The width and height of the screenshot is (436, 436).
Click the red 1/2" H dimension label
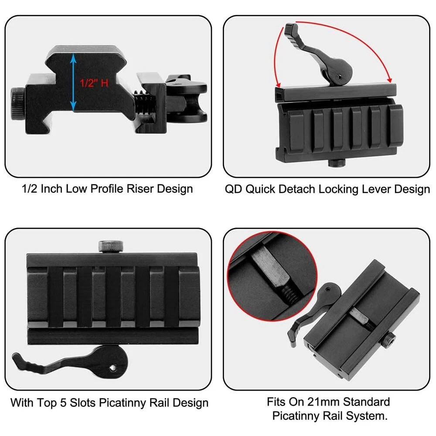click(x=94, y=83)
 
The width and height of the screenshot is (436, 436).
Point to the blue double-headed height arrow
click(x=73, y=82)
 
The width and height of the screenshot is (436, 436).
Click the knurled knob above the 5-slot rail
click(x=111, y=246)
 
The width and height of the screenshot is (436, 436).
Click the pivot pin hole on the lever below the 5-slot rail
click(x=112, y=368)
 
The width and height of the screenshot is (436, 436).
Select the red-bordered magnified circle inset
click(x=272, y=276)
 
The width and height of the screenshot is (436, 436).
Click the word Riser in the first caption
click(x=140, y=189)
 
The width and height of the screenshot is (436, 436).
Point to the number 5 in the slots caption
click(x=63, y=402)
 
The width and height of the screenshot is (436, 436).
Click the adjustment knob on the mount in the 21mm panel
click(x=388, y=340)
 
